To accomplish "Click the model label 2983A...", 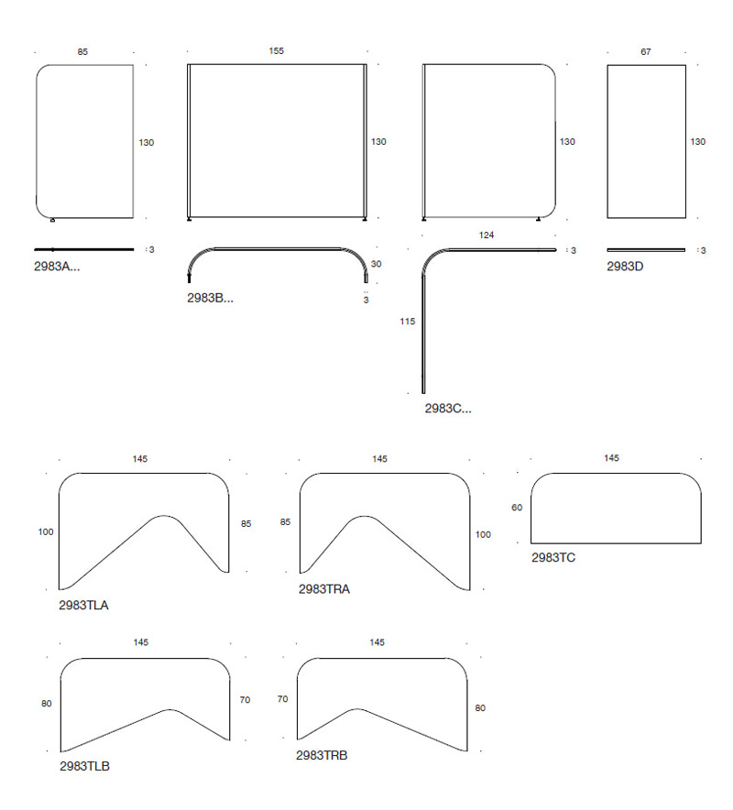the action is [x=57, y=267].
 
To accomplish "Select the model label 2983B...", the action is [x=210, y=298].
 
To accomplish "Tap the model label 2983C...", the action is [x=448, y=409].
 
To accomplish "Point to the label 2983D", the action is [x=625, y=267].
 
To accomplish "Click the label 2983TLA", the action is [x=83, y=606].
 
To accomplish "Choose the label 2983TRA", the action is [x=323, y=589].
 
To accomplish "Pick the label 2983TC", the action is [x=553, y=558].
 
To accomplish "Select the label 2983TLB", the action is [x=84, y=767].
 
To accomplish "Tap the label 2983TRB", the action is [x=322, y=756].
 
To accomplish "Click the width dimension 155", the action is [x=277, y=51].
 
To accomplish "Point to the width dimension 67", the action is [x=646, y=51].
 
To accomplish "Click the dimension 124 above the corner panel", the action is [x=487, y=235].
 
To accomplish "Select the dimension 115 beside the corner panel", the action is [x=407, y=322].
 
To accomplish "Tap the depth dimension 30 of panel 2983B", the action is [x=376, y=265].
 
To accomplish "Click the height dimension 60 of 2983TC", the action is [x=517, y=508].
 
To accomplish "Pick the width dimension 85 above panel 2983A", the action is [x=82, y=51].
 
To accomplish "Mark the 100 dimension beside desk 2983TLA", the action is [x=46, y=532].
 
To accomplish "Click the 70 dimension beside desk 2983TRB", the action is [x=282, y=699].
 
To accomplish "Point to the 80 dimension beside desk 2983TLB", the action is [x=47, y=704].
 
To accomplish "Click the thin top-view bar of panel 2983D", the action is [x=646, y=250].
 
